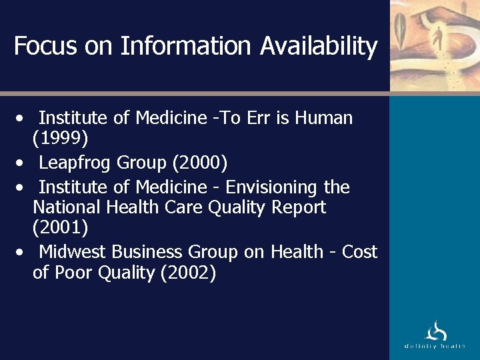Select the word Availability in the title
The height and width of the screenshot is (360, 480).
point(319,46)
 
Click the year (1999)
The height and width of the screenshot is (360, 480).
point(61,139)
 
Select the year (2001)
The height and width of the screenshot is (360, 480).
point(61,228)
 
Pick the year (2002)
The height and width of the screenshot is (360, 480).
point(188,273)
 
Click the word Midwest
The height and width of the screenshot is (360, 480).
point(73,251)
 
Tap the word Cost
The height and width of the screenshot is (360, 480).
point(359,251)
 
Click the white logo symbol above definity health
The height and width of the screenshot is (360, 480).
point(435,331)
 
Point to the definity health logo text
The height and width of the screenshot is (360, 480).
point(435,346)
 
